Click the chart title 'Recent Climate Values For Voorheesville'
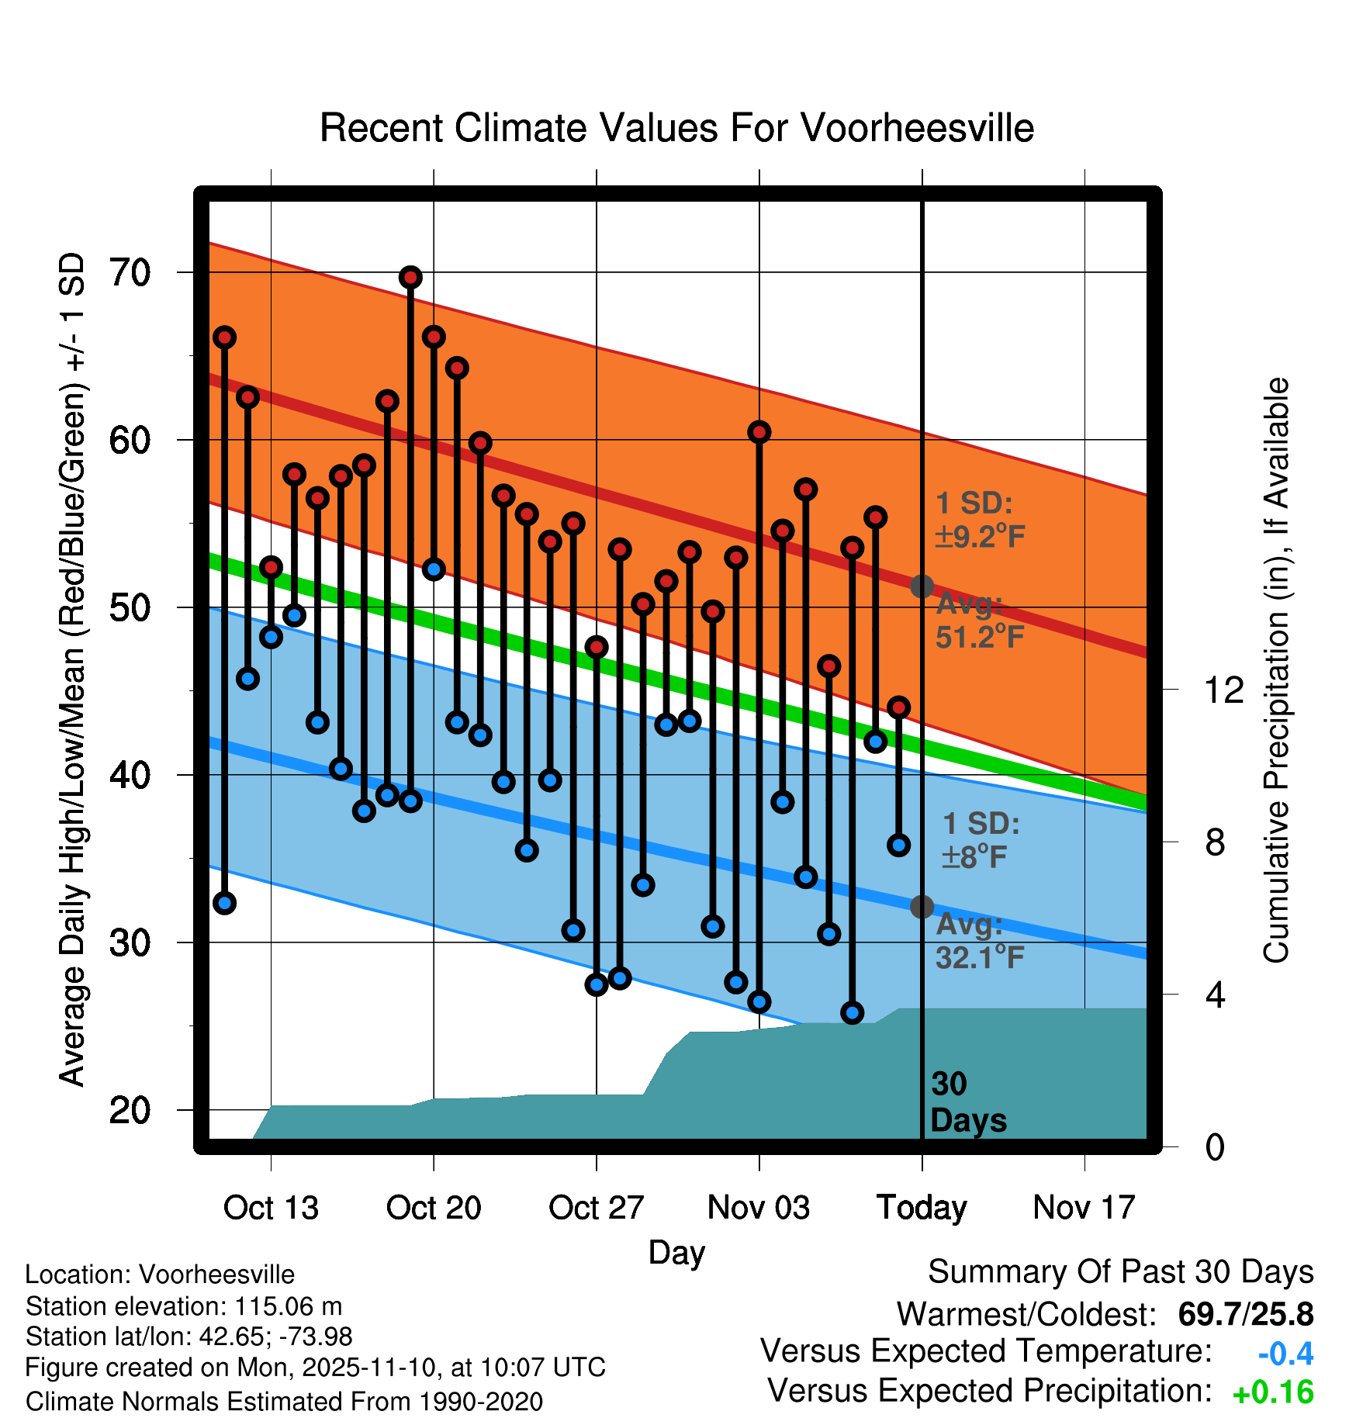click(676, 128)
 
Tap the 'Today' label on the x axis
click(922, 1208)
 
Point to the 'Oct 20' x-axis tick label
click(434, 1208)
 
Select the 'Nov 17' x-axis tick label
click(1084, 1208)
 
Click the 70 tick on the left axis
click(130, 272)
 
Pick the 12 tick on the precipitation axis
click(1223, 690)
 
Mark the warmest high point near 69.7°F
click(410, 277)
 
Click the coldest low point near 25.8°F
click(852, 1012)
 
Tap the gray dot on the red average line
click(922, 586)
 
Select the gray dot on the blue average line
click(922, 906)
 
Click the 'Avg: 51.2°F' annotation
click(979, 621)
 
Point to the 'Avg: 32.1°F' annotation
click(979, 941)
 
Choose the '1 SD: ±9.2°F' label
click(979, 520)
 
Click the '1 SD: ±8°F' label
click(979, 840)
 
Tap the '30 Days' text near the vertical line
click(967, 1102)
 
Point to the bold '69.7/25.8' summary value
click(1245, 1314)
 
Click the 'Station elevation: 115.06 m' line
click(184, 1306)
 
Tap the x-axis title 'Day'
click(676, 1252)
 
